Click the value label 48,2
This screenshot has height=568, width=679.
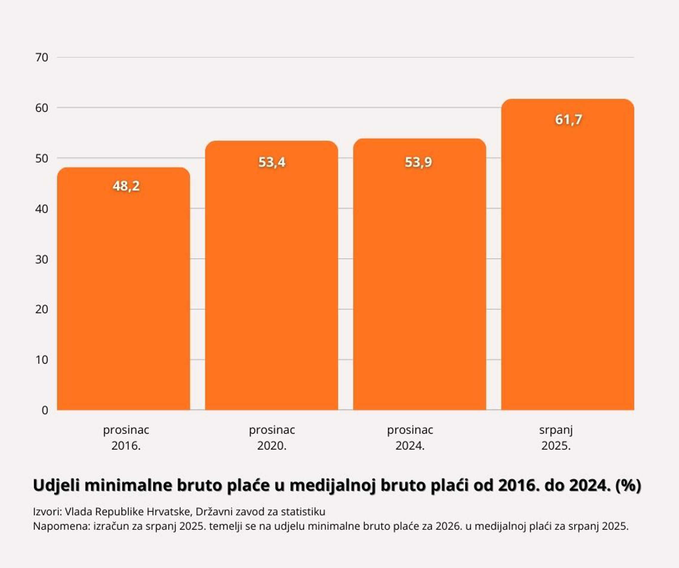point(126,186)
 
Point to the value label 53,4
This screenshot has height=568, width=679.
point(272,162)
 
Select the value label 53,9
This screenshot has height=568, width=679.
point(418,162)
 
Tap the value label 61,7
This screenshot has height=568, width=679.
point(568,119)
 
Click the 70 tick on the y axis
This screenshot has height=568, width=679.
point(42,58)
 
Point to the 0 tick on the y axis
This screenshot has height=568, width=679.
point(45,410)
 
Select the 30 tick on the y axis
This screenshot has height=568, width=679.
point(42,259)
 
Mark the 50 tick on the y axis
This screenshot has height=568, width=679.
point(42,158)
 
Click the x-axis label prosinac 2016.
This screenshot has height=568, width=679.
point(126,438)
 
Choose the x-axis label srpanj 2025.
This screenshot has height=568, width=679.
point(556,438)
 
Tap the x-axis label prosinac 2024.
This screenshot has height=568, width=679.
point(410,438)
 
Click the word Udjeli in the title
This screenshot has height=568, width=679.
point(56,486)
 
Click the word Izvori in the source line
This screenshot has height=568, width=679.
point(47,512)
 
